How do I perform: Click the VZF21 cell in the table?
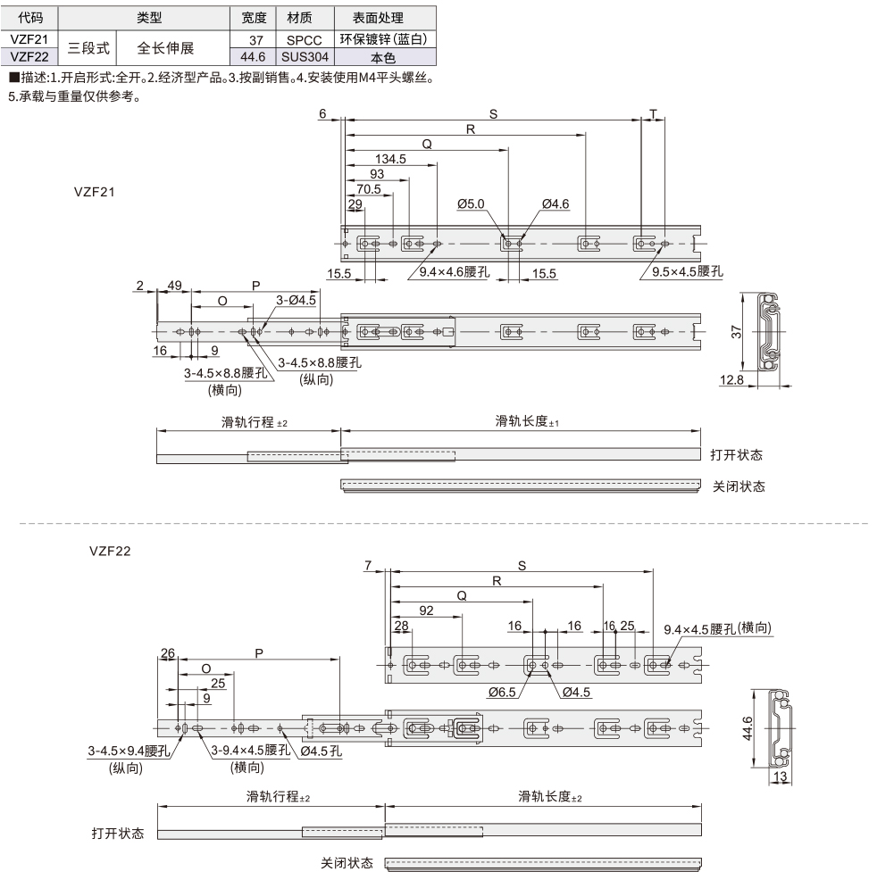[x=30, y=39]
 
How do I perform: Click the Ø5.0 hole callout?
[x=470, y=204]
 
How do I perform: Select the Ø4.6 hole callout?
[x=554, y=204]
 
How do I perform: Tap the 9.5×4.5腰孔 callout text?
[x=686, y=270]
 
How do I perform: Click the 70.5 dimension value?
[x=369, y=189]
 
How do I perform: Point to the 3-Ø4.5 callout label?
[x=296, y=300]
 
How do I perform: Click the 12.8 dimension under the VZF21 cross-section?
[x=731, y=381]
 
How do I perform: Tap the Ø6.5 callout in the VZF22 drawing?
[x=503, y=692]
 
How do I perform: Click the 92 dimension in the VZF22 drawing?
[x=426, y=610]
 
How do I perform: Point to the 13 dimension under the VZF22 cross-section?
[x=779, y=777]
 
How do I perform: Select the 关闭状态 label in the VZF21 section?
[x=739, y=486]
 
